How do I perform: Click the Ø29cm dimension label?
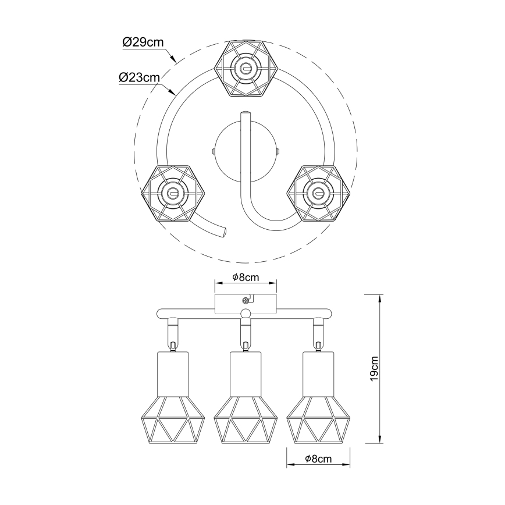143,42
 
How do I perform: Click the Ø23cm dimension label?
140,77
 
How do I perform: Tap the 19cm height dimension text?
374,369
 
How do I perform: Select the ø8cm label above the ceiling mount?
246,277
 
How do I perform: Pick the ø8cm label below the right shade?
318,458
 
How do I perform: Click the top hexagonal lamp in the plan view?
246,68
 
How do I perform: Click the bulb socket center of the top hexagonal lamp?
246,69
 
